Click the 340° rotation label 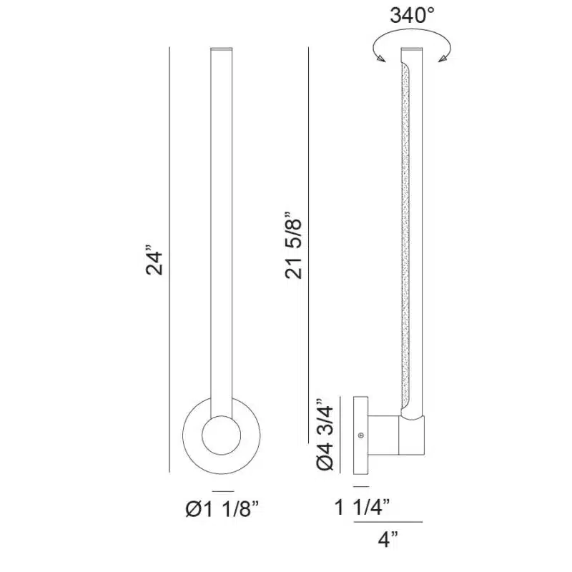coord(413,16)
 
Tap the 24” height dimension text coord(154,262)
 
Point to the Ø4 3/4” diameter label coord(325,434)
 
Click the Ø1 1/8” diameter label coord(222,508)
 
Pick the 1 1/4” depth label coord(363,507)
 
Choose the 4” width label coord(388,539)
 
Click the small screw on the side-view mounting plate coord(361,435)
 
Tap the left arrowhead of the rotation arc coord(381,59)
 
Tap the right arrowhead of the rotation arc coord(443,59)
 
